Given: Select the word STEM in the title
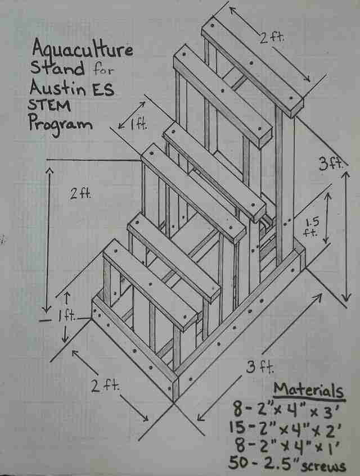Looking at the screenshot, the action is click(49, 106).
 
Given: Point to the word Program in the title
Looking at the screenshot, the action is click(60, 124).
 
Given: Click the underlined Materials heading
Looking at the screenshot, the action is click(308, 390).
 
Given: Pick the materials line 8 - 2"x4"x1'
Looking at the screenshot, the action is click(287, 447).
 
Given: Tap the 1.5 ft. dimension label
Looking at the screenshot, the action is click(312, 227).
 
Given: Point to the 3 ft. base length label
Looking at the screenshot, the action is click(260, 368).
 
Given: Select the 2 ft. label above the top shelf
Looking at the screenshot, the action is click(272, 38).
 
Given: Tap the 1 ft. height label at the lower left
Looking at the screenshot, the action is click(67, 317).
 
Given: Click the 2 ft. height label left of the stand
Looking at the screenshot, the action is click(80, 194).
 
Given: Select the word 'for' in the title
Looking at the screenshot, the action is click(103, 69).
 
